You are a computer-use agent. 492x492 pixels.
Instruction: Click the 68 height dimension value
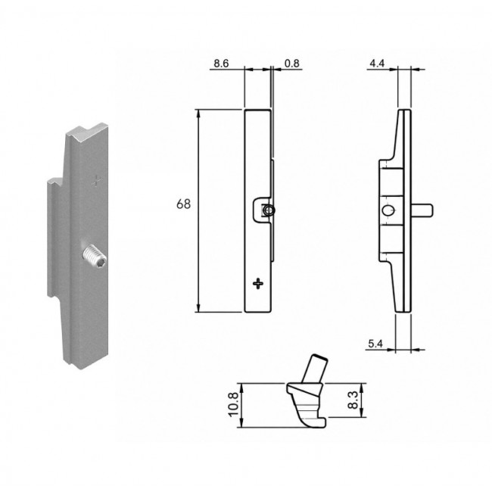click(184, 204)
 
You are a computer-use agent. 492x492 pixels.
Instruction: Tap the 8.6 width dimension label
click(221, 64)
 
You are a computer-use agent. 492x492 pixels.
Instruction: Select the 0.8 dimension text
click(292, 64)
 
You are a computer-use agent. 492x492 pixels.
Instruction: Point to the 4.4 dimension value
click(377, 64)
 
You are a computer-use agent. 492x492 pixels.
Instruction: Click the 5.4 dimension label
click(375, 344)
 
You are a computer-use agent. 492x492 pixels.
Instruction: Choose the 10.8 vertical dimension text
click(234, 405)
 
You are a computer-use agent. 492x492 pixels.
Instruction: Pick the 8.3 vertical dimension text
click(353, 400)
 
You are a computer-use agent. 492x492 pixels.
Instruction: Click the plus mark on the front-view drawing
click(258, 284)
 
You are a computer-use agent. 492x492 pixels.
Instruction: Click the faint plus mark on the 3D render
click(97, 181)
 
